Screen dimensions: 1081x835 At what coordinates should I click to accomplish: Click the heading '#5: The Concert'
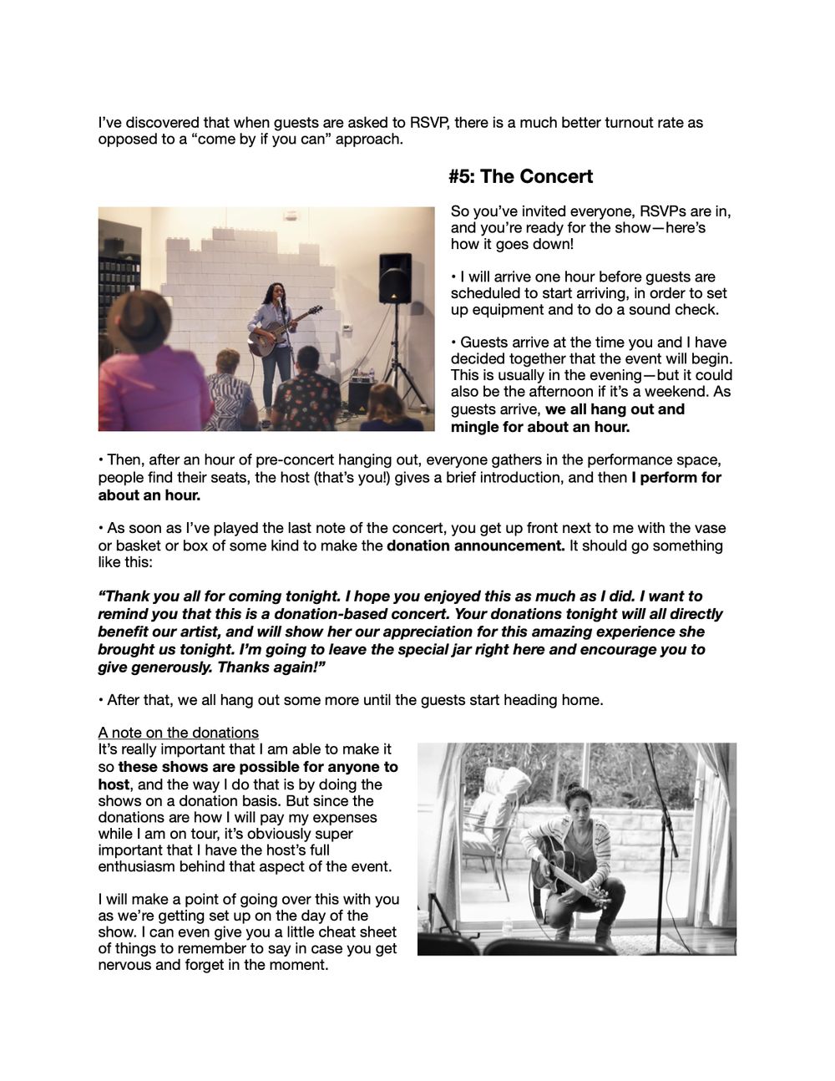click(521, 176)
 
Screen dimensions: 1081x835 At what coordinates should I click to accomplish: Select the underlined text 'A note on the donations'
click(178, 733)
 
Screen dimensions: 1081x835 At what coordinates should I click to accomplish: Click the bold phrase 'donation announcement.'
click(475, 546)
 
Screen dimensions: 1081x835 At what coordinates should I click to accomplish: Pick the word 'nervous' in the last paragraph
click(126, 965)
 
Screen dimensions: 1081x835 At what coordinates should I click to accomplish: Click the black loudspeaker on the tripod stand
click(394, 279)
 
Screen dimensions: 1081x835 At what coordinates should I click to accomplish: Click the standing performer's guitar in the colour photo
click(280, 335)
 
